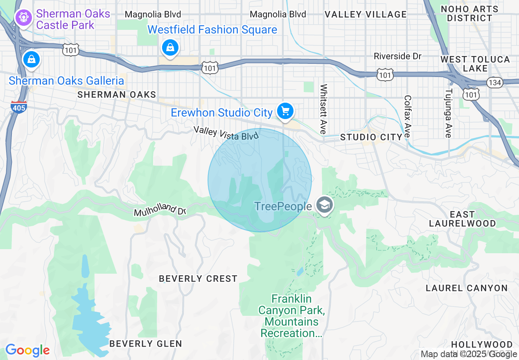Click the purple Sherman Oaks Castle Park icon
pyautogui.click(x=23, y=18)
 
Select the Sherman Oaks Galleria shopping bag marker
pyautogui.click(x=31, y=59)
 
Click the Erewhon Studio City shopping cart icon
pyautogui.click(x=285, y=111)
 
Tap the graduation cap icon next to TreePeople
pyautogui.click(x=325, y=205)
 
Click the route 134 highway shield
pyautogui.click(x=494, y=83)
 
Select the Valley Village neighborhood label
pyautogui.click(x=366, y=14)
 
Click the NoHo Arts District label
pyautogui.click(x=469, y=13)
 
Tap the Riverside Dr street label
pyautogui.click(x=397, y=56)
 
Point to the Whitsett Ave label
pyautogui.click(x=324, y=109)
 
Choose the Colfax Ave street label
pyautogui.click(x=407, y=117)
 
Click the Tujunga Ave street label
pyautogui.click(x=449, y=113)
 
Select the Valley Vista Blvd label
pyautogui.click(x=226, y=133)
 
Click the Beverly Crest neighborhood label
pyautogui.click(x=198, y=279)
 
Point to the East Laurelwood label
pyautogui.click(x=462, y=219)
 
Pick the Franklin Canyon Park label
pyautogui.click(x=291, y=316)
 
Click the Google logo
pyautogui.click(x=27, y=350)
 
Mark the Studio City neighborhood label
pyautogui.click(x=371, y=137)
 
